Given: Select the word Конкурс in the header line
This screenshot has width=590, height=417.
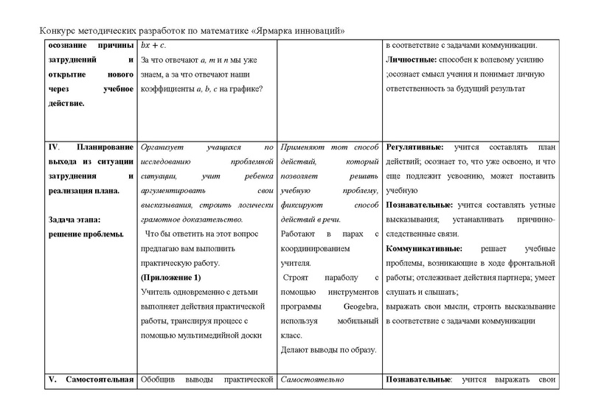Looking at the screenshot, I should coord(55,30).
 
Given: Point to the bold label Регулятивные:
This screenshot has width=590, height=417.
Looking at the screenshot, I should coord(416,147).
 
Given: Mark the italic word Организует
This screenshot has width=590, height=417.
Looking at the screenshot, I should coord(162,147).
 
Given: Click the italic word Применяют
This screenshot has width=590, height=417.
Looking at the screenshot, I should coord(305,147).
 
